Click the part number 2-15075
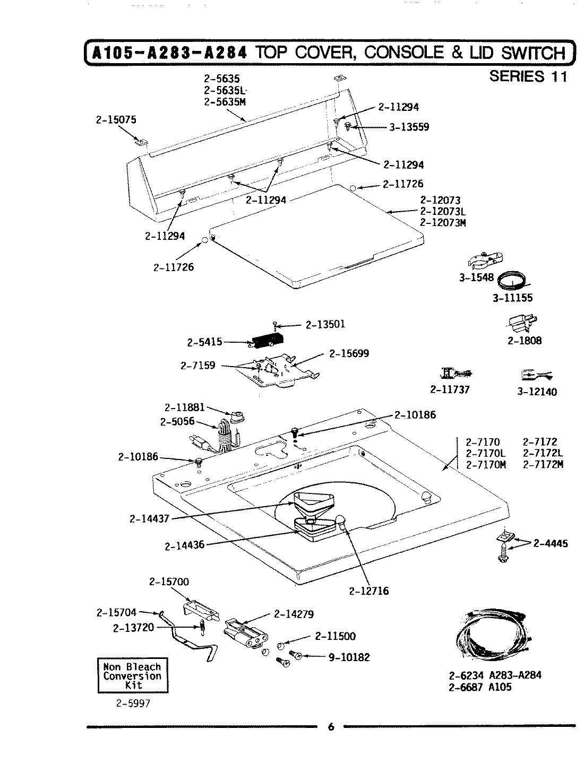point(116,120)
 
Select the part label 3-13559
point(408,127)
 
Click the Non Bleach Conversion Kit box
point(132,676)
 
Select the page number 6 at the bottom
point(331,727)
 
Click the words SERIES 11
point(528,76)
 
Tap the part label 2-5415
point(204,343)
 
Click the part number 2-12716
point(369,591)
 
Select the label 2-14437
point(149,518)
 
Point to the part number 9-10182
point(349,657)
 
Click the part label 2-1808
point(525,341)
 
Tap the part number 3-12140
point(537,392)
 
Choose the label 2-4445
point(551,543)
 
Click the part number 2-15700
point(169,582)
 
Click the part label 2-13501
point(325,324)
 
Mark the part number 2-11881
point(184,408)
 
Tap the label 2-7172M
point(543,464)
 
